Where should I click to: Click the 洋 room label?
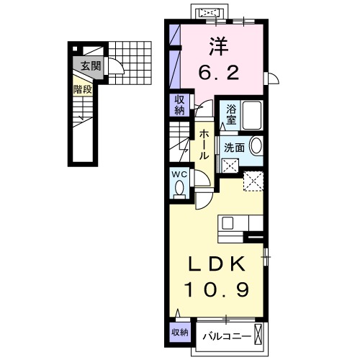click(220, 45)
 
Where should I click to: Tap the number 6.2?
click(220, 73)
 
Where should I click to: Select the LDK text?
click(219, 264)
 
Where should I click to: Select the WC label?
click(179, 174)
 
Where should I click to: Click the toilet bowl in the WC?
click(179, 188)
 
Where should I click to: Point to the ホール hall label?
click(204, 144)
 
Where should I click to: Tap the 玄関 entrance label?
click(89, 67)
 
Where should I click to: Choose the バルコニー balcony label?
click(226, 336)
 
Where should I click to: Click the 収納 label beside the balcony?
click(180, 332)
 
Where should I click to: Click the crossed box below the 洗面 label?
click(231, 164)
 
